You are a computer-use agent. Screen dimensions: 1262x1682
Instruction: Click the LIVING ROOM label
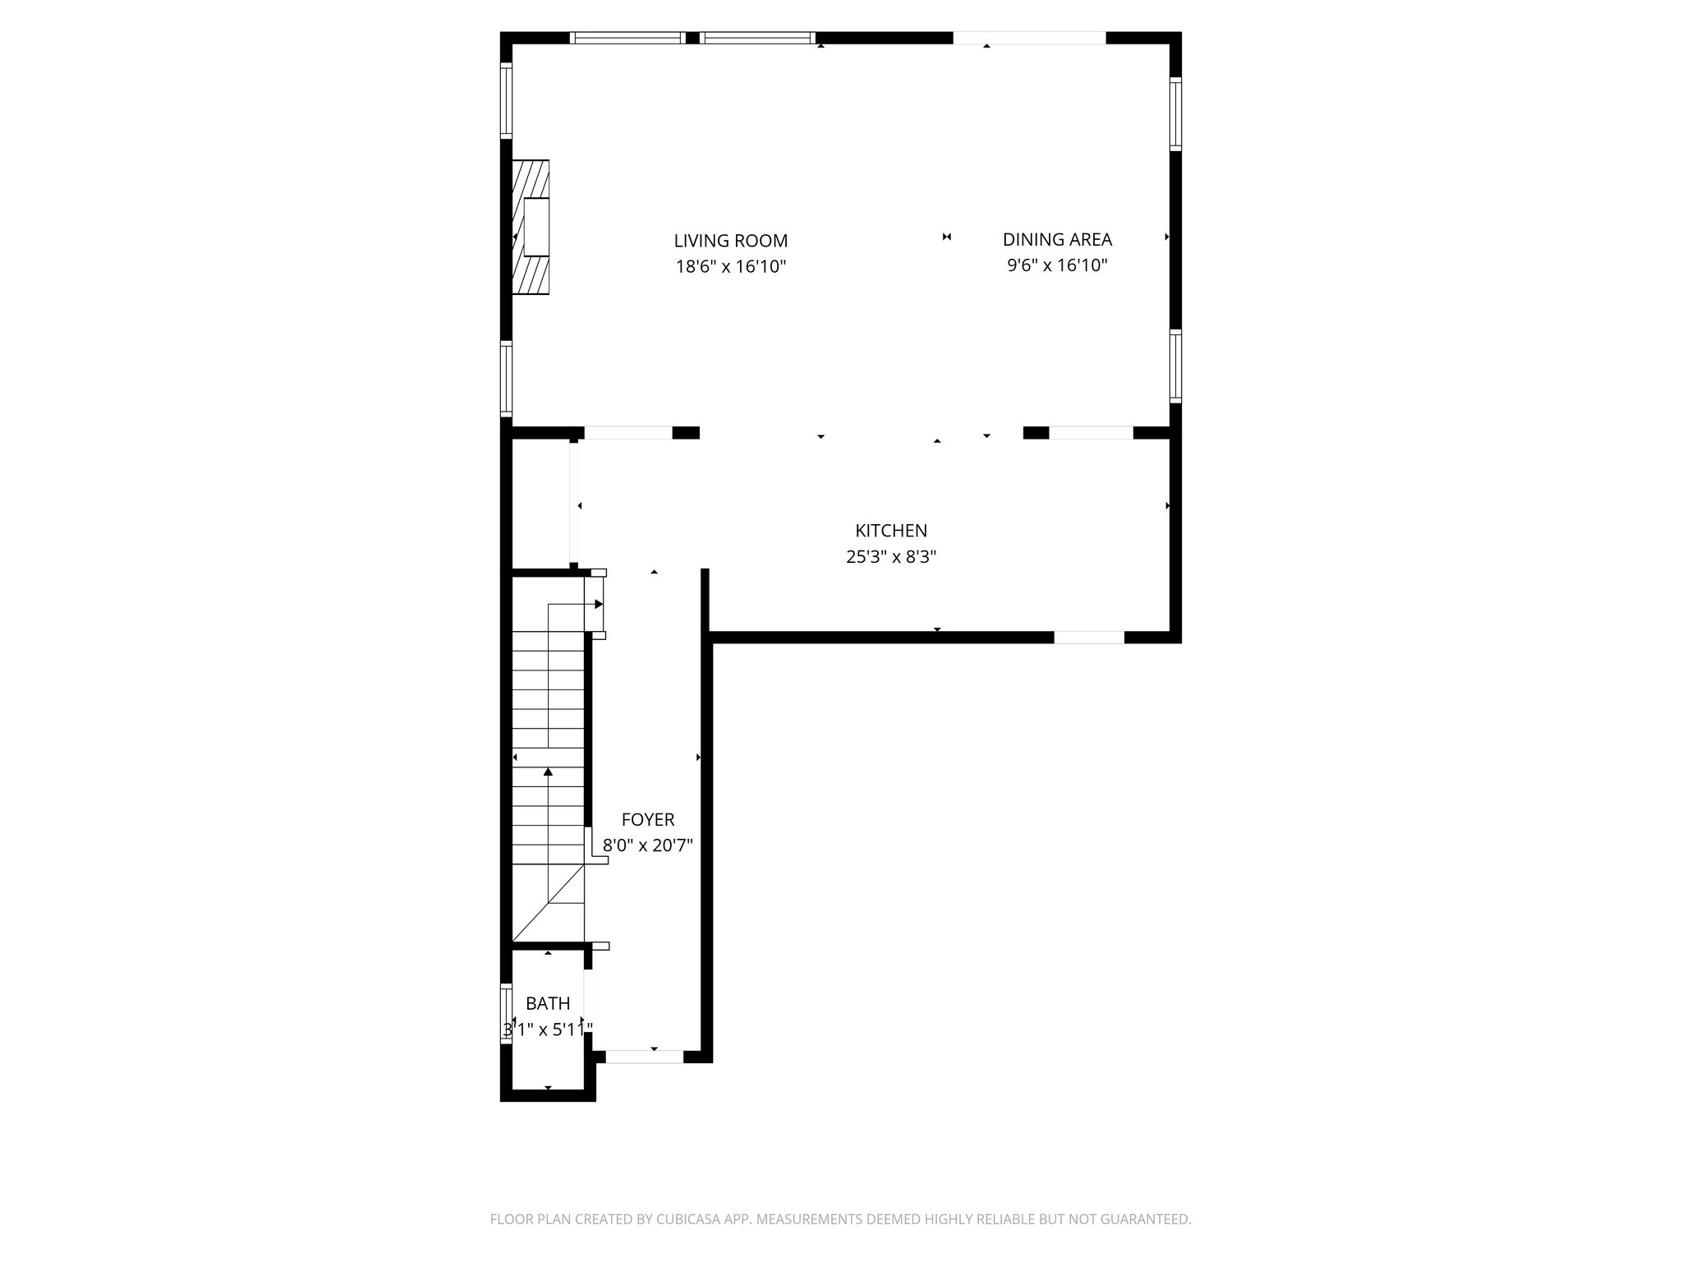(x=730, y=241)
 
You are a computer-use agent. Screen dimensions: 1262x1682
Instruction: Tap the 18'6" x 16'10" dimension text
(x=730, y=266)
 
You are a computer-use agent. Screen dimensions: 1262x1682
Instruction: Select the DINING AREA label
(x=1057, y=239)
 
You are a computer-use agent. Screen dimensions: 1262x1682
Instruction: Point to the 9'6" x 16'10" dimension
(x=1057, y=265)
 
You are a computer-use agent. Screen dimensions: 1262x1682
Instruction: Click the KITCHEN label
(x=891, y=531)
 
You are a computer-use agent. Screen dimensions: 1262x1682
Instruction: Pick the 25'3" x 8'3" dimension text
(x=891, y=557)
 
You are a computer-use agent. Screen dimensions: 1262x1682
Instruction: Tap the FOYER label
(x=648, y=819)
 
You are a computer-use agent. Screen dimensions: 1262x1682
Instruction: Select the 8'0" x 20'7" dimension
(x=648, y=845)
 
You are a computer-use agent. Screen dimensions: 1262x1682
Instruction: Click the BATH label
(x=548, y=1003)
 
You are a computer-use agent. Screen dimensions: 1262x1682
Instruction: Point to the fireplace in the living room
(x=531, y=227)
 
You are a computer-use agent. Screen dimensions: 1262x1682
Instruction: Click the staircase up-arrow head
(x=548, y=771)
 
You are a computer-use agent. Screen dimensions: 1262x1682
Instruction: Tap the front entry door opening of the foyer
(x=645, y=1057)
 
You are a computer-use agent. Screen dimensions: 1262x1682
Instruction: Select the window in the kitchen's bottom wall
(x=1089, y=637)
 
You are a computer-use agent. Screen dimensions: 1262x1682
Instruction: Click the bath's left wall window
(x=507, y=1013)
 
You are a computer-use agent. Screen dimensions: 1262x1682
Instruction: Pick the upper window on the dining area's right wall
(x=1175, y=113)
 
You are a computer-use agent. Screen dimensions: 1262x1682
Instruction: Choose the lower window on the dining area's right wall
(x=1175, y=366)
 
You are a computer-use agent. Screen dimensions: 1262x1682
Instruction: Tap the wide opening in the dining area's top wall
(x=1029, y=38)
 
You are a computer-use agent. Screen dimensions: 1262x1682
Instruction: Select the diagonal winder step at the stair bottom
(x=548, y=904)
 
